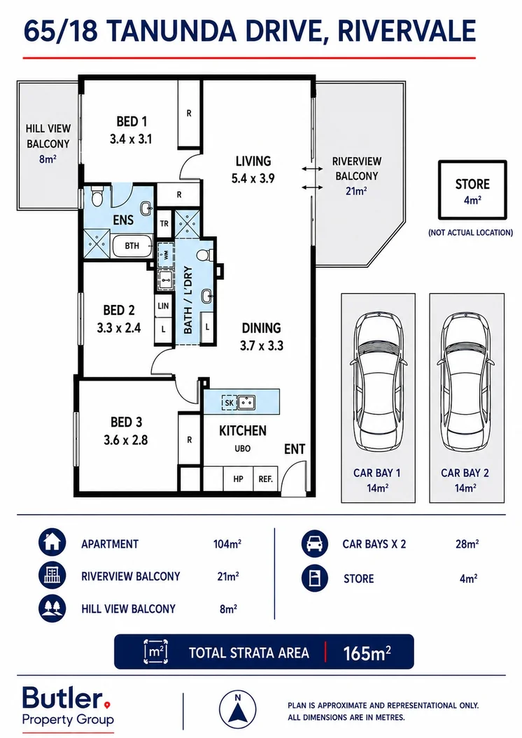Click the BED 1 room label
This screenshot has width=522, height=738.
132,122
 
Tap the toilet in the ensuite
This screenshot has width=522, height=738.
97,196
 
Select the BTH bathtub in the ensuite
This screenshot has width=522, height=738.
132,246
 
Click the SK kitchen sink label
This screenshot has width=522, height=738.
230,403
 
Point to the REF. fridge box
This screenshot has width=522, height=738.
266,479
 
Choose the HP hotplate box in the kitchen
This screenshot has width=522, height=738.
238,479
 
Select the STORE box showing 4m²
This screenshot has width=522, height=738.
472,190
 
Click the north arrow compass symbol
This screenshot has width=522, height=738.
238,709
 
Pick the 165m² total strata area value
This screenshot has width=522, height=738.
367,653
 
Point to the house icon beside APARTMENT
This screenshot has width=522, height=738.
52,542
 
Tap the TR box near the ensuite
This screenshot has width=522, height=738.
164,224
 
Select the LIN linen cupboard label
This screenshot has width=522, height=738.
163,306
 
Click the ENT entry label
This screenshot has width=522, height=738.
295,450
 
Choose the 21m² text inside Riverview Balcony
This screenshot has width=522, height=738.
356,190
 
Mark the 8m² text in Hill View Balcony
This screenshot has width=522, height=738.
48,159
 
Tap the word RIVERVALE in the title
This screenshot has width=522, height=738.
407,31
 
